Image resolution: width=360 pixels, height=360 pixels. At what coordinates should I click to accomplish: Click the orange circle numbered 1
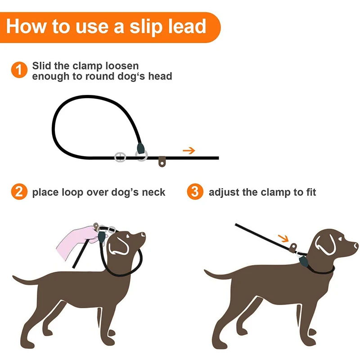tap(18, 70)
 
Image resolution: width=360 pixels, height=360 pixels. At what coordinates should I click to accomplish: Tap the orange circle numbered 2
tap(18, 192)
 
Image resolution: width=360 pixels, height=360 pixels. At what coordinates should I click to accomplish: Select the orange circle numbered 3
tap(194, 192)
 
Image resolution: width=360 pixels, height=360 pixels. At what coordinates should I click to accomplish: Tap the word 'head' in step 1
tap(160, 76)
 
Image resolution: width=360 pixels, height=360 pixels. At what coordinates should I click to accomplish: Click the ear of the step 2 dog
tap(118, 246)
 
